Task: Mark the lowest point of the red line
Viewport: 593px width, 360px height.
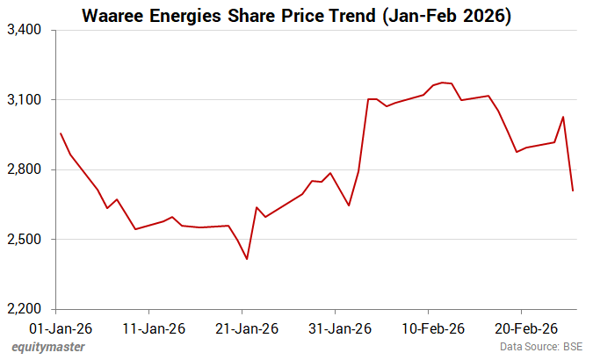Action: click(247, 259)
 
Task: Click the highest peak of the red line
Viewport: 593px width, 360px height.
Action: click(442, 83)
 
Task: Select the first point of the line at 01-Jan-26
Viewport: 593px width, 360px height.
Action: click(60, 133)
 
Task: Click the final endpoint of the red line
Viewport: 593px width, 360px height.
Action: click(573, 191)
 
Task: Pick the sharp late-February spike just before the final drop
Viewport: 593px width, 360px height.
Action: click(563, 117)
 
